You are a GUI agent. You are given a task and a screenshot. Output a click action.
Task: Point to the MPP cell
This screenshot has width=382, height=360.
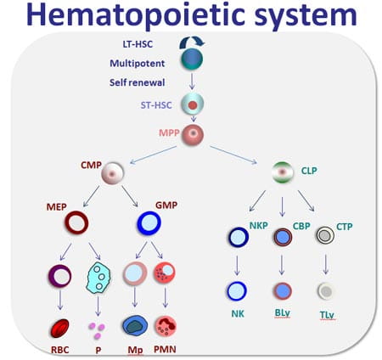click(x=194, y=133)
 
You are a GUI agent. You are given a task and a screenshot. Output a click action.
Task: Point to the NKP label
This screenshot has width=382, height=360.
click(x=259, y=227)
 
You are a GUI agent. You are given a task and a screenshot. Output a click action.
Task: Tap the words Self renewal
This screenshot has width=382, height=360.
click(x=135, y=82)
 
